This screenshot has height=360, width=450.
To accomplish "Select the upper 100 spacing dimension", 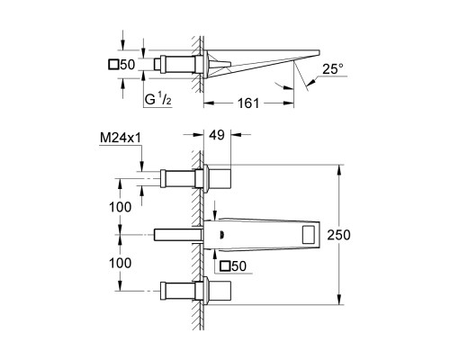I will pyautogui.click(x=120, y=206).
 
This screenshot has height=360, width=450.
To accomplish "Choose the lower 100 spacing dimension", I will pyautogui.click(x=120, y=263).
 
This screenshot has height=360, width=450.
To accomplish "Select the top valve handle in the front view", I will pyautogui.click(x=222, y=177).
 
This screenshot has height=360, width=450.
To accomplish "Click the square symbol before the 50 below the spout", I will pyautogui.click(x=224, y=265).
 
